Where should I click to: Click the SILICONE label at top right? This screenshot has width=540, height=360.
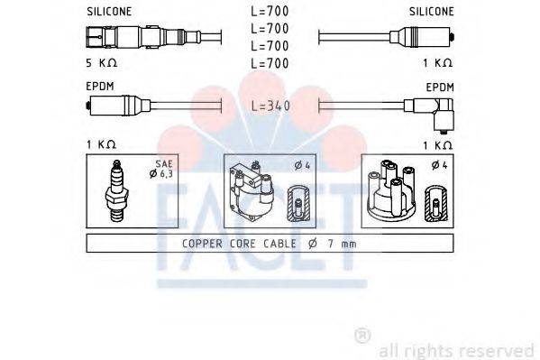point(431,12)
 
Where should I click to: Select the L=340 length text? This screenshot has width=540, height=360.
point(270,106)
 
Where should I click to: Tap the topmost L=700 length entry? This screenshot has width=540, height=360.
point(270,12)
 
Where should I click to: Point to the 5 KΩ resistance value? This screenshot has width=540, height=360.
point(102,63)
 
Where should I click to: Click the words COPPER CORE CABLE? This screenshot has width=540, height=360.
point(237,243)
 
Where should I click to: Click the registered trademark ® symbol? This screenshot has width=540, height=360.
point(362,336)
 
